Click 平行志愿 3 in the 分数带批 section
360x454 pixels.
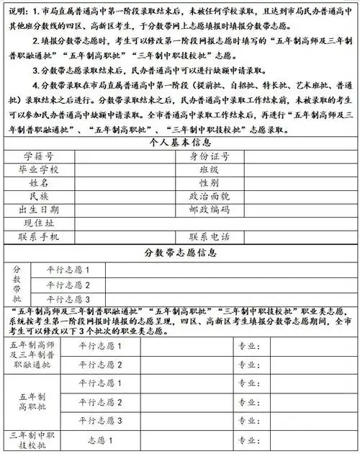click(x=68, y=299)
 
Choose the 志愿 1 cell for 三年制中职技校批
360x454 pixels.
click(x=101, y=439)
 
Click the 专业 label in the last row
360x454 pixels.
click(x=248, y=439)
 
